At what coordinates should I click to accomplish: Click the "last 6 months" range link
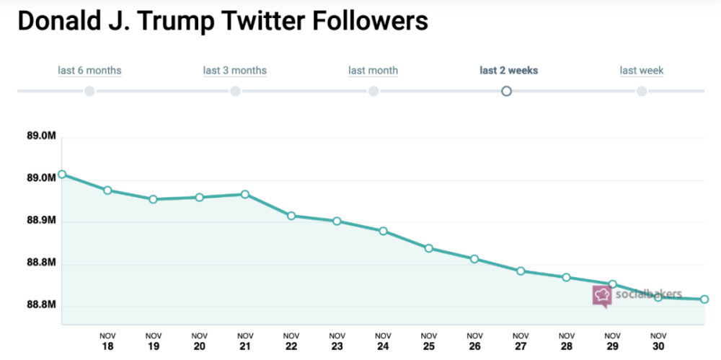[89, 71]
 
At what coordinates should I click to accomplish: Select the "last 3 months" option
[235, 71]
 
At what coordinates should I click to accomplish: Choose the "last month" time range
[373, 71]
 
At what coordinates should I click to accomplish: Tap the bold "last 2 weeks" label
[509, 71]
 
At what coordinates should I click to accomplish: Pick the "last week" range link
[642, 71]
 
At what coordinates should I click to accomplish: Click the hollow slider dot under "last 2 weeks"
[507, 91]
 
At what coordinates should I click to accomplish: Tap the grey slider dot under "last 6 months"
[89, 91]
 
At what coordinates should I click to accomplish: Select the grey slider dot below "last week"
[642, 91]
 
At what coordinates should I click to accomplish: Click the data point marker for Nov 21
[245, 194]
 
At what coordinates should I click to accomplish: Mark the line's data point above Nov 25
[429, 249]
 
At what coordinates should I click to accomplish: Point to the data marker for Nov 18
[107, 190]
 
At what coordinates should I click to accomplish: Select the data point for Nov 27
[521, 271]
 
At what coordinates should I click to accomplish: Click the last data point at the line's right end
[704, 299]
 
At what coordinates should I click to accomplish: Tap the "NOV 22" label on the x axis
[291, 341]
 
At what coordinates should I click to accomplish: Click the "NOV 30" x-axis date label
[658, 341]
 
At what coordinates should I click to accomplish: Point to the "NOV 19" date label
[154, 341]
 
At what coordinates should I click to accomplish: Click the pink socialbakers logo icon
[602, 296]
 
